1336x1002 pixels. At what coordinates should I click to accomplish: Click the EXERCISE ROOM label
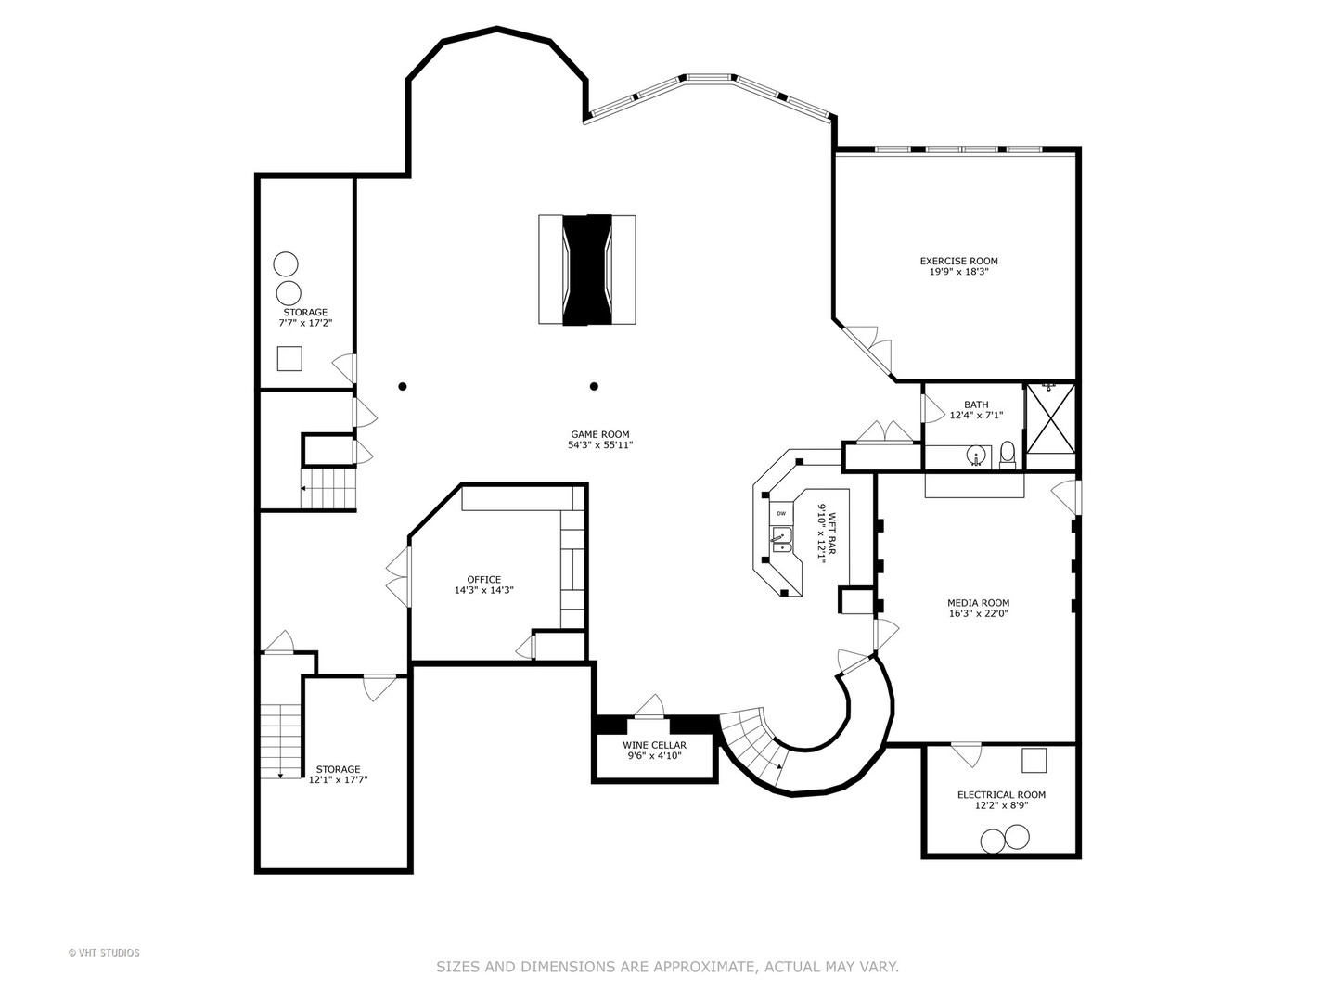tap(958, 261)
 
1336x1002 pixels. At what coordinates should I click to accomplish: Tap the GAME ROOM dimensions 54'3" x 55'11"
tap(600, 444)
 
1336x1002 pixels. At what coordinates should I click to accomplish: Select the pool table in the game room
tap(586, 269)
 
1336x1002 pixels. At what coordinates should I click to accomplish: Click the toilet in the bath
tap(1008, 455)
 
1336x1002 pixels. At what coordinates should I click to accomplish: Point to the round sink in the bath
tap(976, 455)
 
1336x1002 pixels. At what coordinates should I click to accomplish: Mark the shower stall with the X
tap(1050, 417)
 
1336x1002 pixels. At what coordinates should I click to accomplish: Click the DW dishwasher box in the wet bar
tap(781, 513)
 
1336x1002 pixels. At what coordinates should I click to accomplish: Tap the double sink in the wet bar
tap(781, 540)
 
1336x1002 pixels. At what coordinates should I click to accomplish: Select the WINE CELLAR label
tap(654, 745)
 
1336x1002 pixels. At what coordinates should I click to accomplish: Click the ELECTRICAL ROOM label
tap(1001, 794)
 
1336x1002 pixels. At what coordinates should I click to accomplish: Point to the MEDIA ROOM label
tap(978, 603)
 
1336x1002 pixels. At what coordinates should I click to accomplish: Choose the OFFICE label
tap(484, 579)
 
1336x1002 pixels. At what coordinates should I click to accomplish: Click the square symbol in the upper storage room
tap(289, 358)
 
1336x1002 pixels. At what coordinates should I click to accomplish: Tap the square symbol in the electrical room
tap(1034, 761)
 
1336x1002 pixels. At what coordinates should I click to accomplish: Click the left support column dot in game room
tap(403, 386)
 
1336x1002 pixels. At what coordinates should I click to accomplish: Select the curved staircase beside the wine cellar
tap(754, 745)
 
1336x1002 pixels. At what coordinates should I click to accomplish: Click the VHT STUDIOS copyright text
tap(104, 952)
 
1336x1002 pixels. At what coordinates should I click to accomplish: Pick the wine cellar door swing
tap(649, 706)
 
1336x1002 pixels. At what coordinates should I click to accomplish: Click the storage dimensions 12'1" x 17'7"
tap(339, 779)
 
